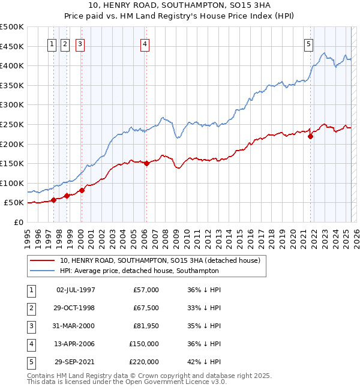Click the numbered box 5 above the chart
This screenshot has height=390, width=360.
pyautogui.click(x=308, y=43)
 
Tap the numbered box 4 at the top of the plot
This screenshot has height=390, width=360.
pyautogui.click(x=146, y=43)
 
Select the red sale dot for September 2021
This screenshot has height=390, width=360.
pyautogui.click(x=311, y=136)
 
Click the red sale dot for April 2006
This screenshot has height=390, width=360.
pyautogui.click(x=147, y=163)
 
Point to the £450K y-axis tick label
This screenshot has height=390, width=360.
pyautogui.click(x=12, y=46)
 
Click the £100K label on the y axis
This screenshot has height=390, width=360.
pyautogui.click(x=12, y=183)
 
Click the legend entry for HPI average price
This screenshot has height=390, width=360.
pyautogui.click(x=139, y=271)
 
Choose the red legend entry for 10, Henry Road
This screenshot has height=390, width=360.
pyautogui.click(x=160, y=261)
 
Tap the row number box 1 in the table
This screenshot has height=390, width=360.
pyautogui.click(x=30, y=290)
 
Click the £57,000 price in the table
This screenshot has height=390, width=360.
pyautogui.click(x=145, y=290)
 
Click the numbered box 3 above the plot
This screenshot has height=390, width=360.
pyautogui.click(x=80, y=43)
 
